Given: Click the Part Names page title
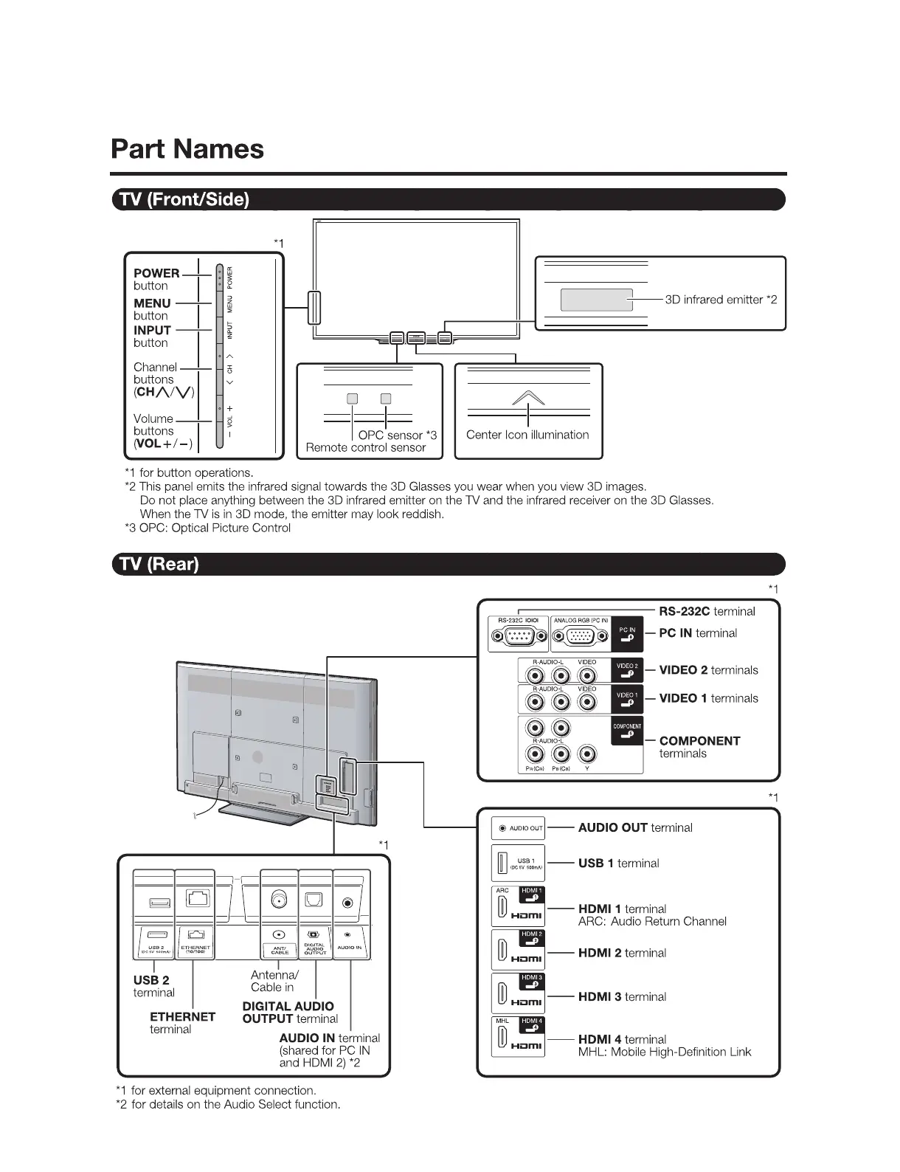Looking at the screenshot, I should point(187,149).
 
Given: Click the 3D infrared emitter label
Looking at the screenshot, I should point(721,300).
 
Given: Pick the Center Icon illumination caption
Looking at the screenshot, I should point(527,435).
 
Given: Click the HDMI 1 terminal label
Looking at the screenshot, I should point(622,909).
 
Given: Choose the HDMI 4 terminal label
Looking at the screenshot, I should point(622,1039).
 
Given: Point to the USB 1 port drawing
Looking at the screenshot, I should point(502,863).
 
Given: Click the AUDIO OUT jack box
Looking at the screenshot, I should point(518,828).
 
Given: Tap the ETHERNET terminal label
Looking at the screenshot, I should point(182,1022).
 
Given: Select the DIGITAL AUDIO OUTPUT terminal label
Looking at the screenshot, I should point(289,1013).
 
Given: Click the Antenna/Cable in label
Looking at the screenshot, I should point(274,981).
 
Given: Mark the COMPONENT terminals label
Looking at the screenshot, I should point(699,747).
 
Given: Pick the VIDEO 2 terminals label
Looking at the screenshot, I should point(708,670).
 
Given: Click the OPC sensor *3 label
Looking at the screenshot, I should point(398,435).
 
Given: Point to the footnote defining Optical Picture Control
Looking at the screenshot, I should point(208,528).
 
